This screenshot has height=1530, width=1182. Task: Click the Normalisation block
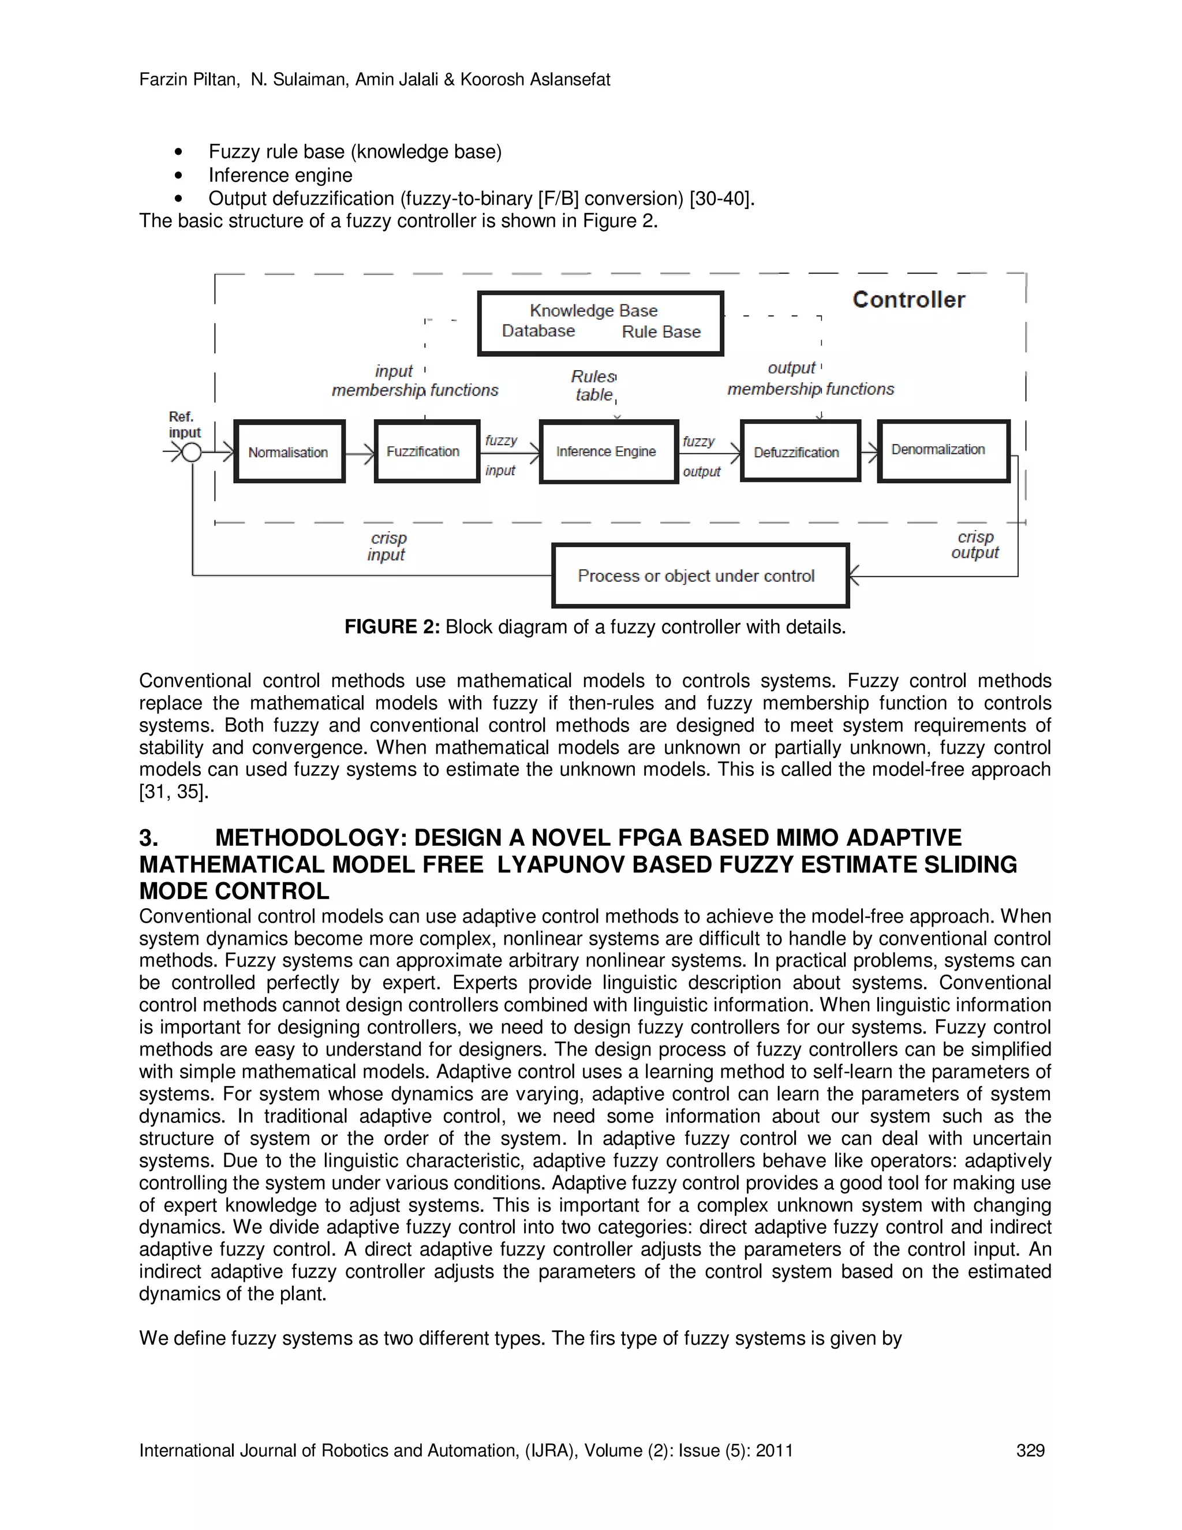click(x=289, y=452)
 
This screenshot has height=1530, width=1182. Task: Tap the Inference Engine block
click(x=608, y=452)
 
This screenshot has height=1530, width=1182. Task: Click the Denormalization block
click(x=942, y=450)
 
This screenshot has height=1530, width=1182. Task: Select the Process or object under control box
click(x=700, y=575)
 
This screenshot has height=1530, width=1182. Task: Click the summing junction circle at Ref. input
click(x=191, y=453)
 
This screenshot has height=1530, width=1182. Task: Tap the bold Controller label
click(x=908, y=300)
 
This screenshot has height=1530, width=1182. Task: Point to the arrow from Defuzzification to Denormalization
click(x=869, y=453)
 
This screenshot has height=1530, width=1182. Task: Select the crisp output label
click(x=975, y=544)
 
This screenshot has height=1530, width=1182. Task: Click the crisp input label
click(x=387, y=546)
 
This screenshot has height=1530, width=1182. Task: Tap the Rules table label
click(x=593, y=385)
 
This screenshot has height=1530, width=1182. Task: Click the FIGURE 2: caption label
click(x=391, y=626)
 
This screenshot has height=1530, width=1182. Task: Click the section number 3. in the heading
click(x=148, y=837)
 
